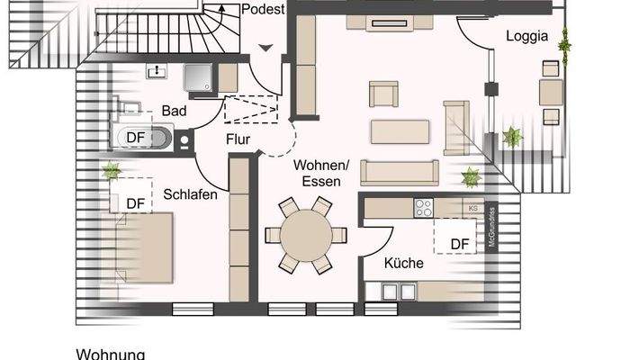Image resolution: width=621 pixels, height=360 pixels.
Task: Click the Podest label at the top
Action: click(264, 10)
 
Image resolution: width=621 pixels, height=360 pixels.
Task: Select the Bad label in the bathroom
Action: click(175, 111)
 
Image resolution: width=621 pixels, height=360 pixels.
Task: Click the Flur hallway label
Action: click(238, 139)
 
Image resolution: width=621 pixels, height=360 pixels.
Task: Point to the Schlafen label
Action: click(190, 194)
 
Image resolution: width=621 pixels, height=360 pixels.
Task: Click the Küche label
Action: click(404, 264)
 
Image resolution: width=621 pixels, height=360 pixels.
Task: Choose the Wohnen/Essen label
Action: click(321, 173)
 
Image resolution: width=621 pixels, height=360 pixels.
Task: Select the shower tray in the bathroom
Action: click(199, 78)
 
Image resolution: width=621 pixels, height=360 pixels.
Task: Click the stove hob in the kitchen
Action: click(422, 208)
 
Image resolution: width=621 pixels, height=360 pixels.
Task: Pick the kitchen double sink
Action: click(397, 291)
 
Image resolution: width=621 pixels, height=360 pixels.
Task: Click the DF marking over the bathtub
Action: click(136, 137)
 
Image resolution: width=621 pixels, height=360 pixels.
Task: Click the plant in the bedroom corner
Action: click(112, 170)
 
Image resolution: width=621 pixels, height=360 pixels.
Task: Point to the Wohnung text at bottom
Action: click(110, 354)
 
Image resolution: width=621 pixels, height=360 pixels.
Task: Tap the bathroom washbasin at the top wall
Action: click(157, 69)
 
